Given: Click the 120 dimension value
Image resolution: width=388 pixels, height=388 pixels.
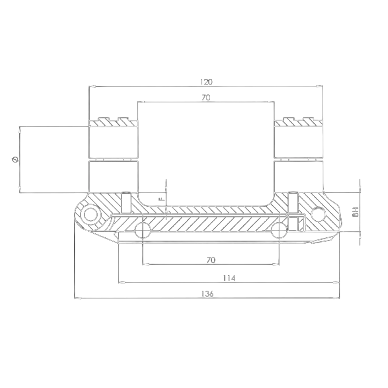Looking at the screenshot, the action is [x=206, y=82].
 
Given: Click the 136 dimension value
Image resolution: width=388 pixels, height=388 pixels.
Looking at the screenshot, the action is [x=207, y=294].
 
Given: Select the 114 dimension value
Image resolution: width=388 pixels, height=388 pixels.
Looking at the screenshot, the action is [x=229, y=278].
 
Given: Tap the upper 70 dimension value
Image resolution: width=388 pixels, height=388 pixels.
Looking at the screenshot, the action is [x=206, y=98].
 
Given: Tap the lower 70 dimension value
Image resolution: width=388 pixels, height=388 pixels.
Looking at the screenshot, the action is [x=211, y=260].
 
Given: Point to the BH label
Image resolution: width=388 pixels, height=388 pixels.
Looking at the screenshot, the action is [x=357, y=212].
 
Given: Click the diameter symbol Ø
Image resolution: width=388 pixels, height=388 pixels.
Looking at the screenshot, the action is [x=15, y=159].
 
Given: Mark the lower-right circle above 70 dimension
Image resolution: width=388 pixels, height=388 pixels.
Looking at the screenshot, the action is [x=279, y=229].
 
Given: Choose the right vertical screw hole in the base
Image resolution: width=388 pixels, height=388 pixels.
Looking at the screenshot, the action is [x=293, y=203].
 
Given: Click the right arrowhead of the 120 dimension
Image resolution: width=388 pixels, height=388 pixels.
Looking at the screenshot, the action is [x=320, y=86].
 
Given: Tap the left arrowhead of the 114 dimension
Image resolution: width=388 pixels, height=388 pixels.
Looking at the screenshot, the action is [x=122, y=283].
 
